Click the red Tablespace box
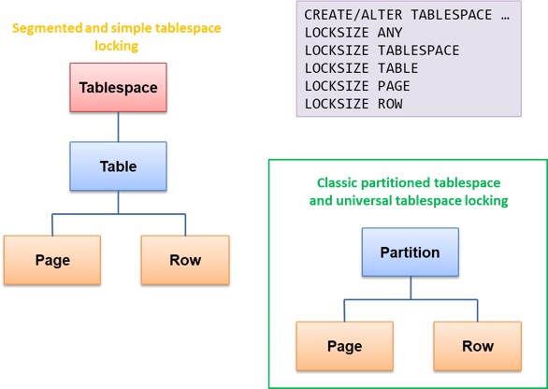tap(118, 87)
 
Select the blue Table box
tap(118, 166)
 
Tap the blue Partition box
tap(411, 252)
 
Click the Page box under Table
tap(52, 260)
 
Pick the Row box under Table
tap(185, 260)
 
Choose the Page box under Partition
tap(344, 346)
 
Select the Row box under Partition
tap(478, 346)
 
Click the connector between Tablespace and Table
tap(118, 127)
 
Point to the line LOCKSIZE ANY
tap(353, 33)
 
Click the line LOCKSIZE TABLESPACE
tap(382, 50)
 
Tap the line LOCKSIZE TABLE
tap(361, 68)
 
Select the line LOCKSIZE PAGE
tap(357, 86)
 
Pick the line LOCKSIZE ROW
tap(353, 104)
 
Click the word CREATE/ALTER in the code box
tap(353, 15)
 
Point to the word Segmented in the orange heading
tap(48, 28)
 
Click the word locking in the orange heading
tap(116, 46)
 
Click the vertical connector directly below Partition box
tap(411, 288)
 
